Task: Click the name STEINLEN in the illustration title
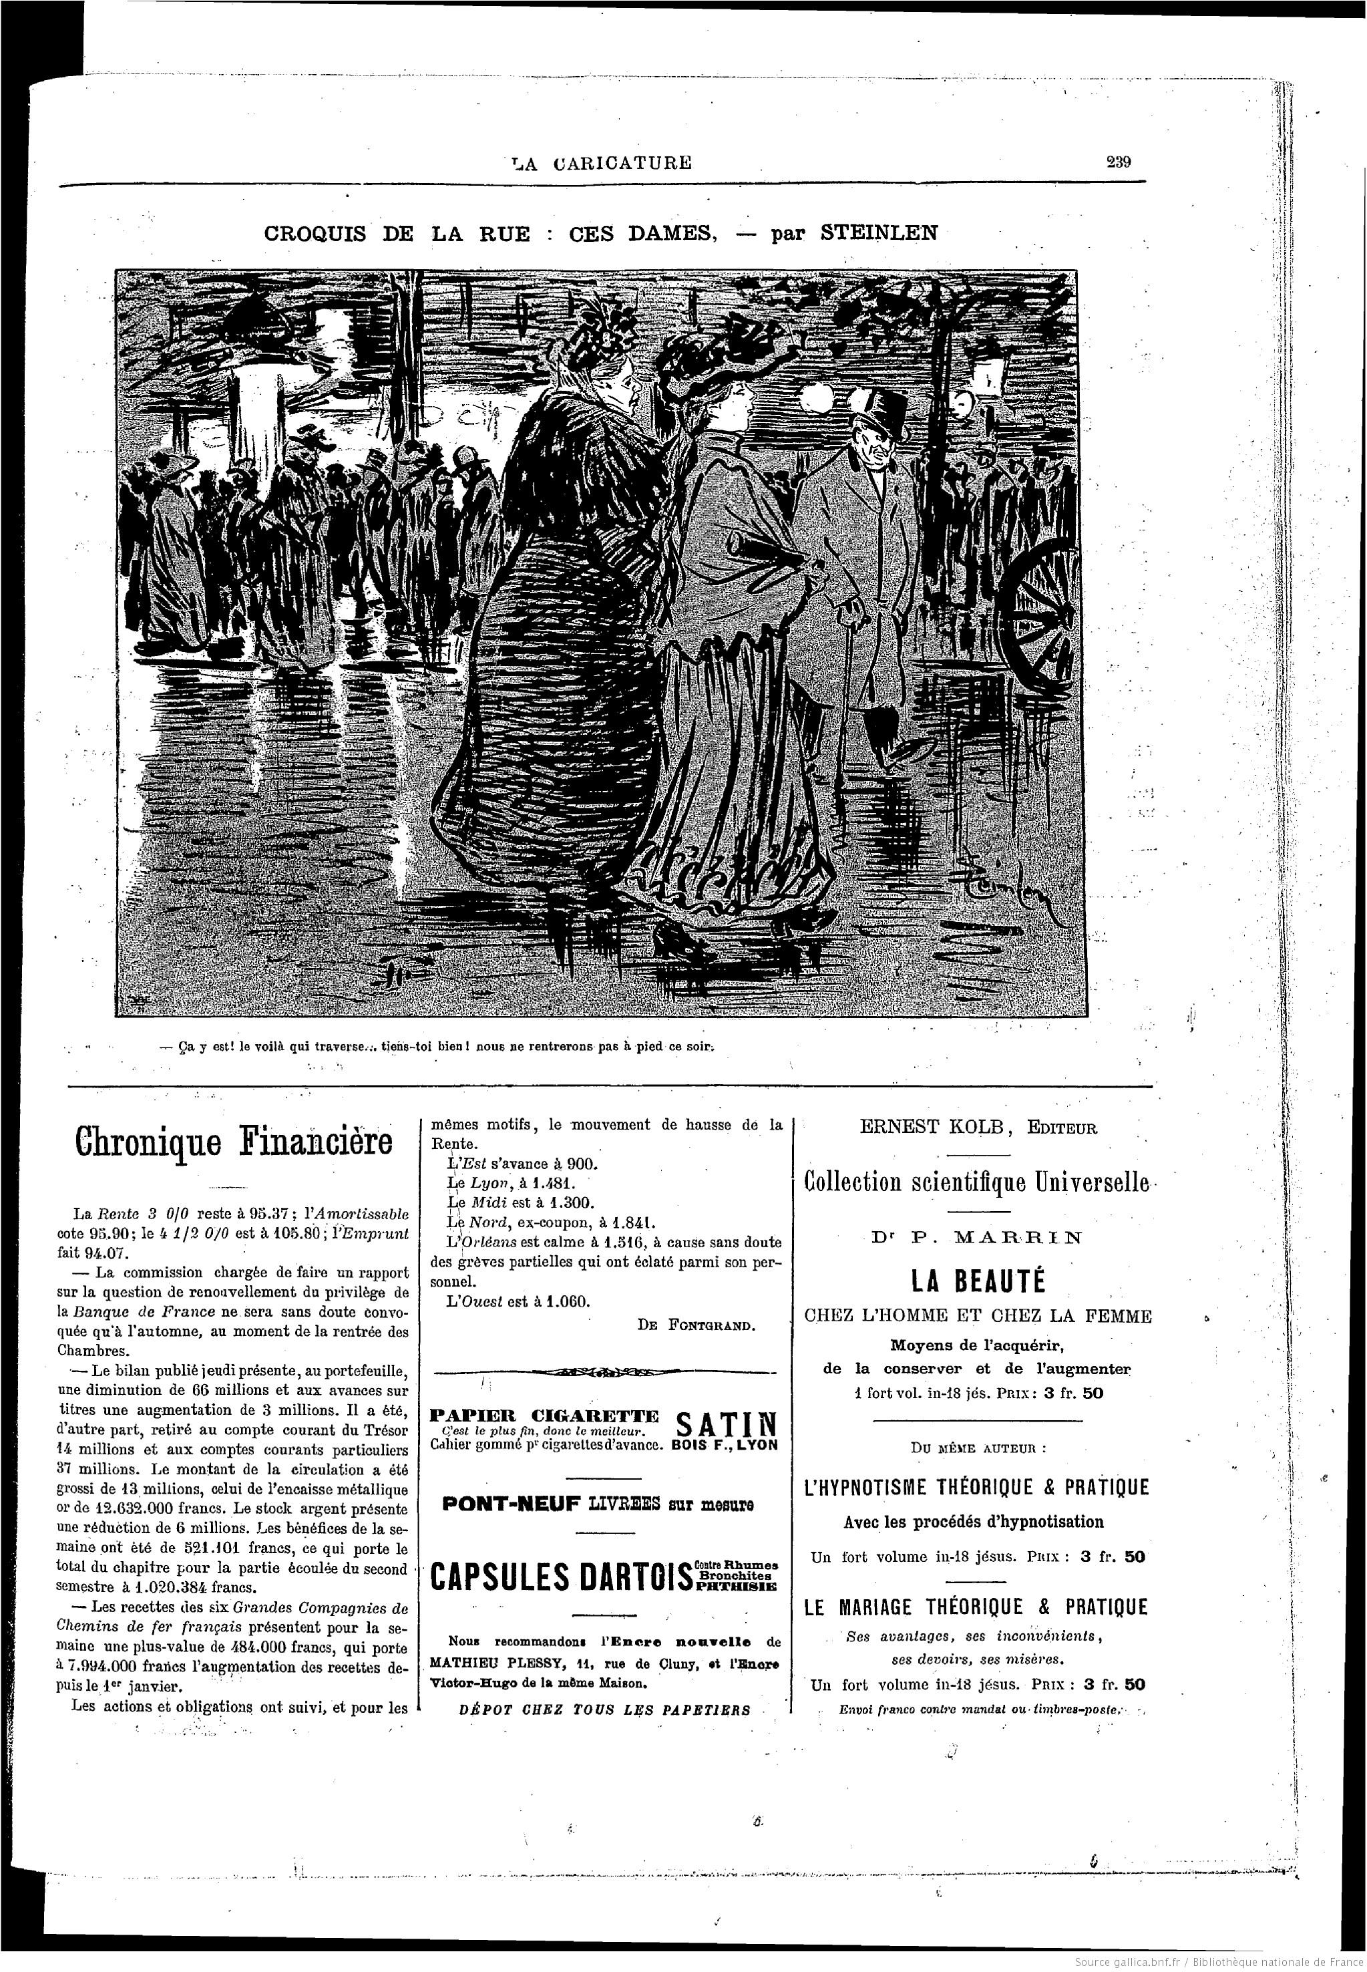(879, 232)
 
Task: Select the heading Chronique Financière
(233, 1142)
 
